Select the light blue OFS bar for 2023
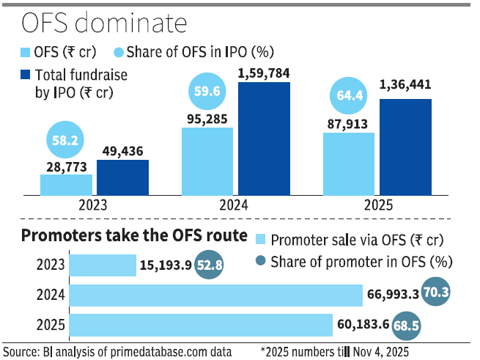pyautogui.click(x=66, y=185)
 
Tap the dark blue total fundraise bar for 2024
pyautogui.click(x=264, y=139)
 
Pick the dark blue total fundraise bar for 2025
pyautogui.click(x=405, y=147)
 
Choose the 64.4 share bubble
pyautogui.click(x=349, y=97)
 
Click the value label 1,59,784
pyautogui.click(x=265, y=72)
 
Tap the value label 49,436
pyautogui.click(x=122, y=150)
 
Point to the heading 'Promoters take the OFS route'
pyautogui.click(x=134, y=236)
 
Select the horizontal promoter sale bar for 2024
pyautogui.click(x=217, y=295)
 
